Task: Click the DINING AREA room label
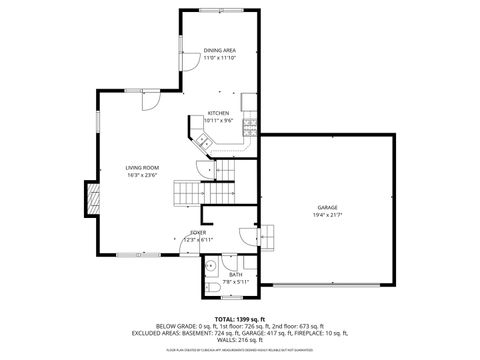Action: coord(219,49)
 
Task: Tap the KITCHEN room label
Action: coord(219,113)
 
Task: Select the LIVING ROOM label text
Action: coord(142,167)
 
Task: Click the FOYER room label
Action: coord(199,232)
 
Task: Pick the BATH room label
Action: coord(235,274)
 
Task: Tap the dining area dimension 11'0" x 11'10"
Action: coord(219,57)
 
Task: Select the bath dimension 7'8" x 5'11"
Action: coord(235,282)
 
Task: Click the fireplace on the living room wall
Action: coord(92,198)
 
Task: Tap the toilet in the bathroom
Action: coord(213,290)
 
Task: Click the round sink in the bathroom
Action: coord(210,268)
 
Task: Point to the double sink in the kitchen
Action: coord(203,141)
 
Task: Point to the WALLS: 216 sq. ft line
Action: coord(240,341)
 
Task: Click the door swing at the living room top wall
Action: coord(147,101)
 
